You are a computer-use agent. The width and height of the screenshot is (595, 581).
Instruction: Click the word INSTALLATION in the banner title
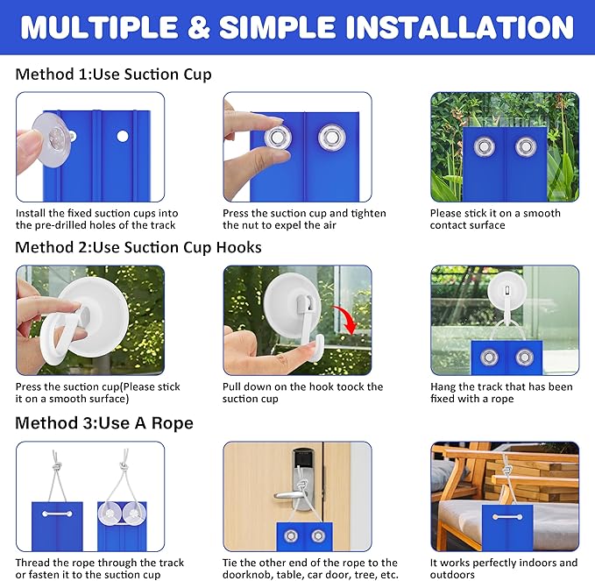pos(459,27)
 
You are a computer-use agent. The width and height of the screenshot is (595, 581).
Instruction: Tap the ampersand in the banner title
pos(198,27)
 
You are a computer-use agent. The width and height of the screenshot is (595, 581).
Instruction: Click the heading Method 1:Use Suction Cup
pos(113,74)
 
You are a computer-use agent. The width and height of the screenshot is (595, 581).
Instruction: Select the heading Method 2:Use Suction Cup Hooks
pos(138,247)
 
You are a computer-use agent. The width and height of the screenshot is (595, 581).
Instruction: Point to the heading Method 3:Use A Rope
pos(104,423)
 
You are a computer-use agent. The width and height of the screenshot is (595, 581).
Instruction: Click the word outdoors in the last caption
pos(452,575)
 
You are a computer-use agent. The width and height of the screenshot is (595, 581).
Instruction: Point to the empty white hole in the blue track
pos(123,136)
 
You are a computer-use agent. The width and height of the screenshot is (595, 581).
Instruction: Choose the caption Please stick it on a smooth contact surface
pos(495,219)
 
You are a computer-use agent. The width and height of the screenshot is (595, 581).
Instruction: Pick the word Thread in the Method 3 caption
pos(32,563)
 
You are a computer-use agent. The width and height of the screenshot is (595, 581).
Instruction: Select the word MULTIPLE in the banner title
pos(99,27)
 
